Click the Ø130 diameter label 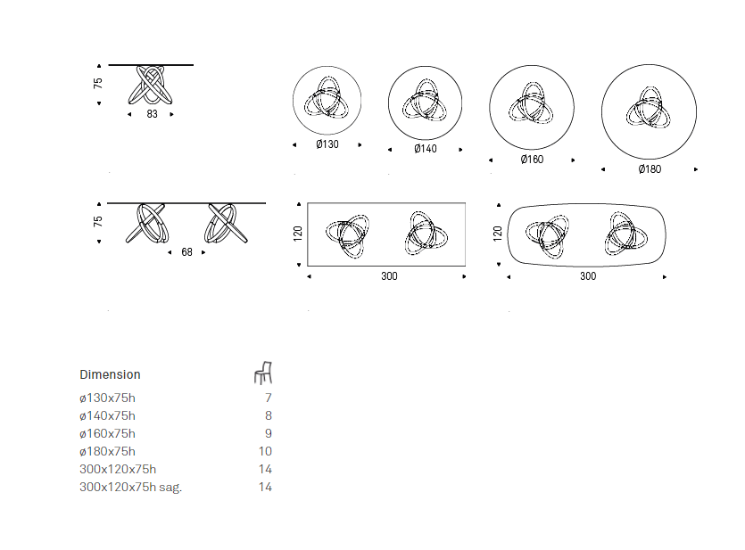(x=327, y=144)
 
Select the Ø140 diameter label (x=426, y=149)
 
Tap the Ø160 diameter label (x=532, y=160)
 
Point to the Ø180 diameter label (x=650, y=169)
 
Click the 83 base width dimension (x=152, y=114)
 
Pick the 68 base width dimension (x=186, y=252)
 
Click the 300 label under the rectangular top (x=389, y=276)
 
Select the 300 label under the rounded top (x=588, y=276)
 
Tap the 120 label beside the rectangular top (x=298, y=234)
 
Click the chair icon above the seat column (x=263, y=373)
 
